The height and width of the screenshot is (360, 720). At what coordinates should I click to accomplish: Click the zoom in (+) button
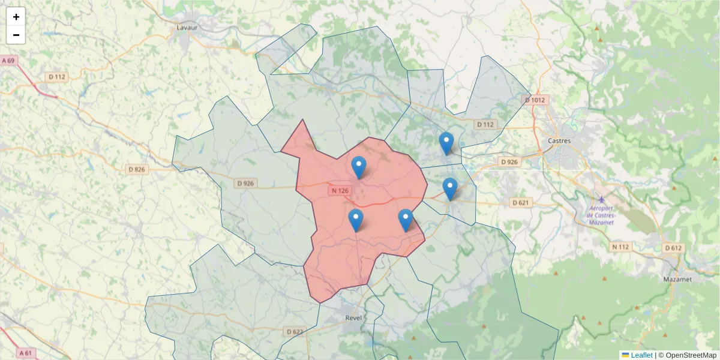pyautogui.click(x=16, y=17)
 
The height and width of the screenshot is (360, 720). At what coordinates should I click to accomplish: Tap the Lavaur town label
pyautogui.click(x=187, y=28)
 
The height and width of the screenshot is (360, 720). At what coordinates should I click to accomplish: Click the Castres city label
pyautogui.click(x=559, y=141)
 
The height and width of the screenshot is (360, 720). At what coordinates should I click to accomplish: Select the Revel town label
pyautogui.click(x=353, y=317)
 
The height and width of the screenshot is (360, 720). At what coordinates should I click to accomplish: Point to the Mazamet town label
pyautogui.click(x=677, y=280)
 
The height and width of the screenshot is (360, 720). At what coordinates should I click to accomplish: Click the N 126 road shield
pyautogui.click(x=339, y=191)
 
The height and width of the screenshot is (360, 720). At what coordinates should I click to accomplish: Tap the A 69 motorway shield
pyautogui.click(x=8, y=61)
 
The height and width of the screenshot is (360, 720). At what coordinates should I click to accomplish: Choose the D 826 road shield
pyautogui.click(x=137, y=170)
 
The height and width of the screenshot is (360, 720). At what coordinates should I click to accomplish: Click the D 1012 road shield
pyautogui.click(x=535, y=100)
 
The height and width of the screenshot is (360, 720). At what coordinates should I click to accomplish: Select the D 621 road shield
pyautogui.click(x=520, y=203)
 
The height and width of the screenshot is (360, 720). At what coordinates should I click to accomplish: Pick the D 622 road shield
pyautogui.click(x=294, y=332)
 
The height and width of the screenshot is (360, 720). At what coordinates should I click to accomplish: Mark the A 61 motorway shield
pyautogui.click(x=25, y=353)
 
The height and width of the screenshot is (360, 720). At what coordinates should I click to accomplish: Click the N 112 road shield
pyautogui.click(x=621, y=247)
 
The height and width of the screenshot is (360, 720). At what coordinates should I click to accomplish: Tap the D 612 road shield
pyautogui.click(x=673, y=248)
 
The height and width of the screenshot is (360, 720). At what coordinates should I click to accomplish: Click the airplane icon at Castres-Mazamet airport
pyautogui.click(x=602, y=199)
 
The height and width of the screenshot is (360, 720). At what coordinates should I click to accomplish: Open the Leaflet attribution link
pyautogui.click(x=641, y=355)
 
